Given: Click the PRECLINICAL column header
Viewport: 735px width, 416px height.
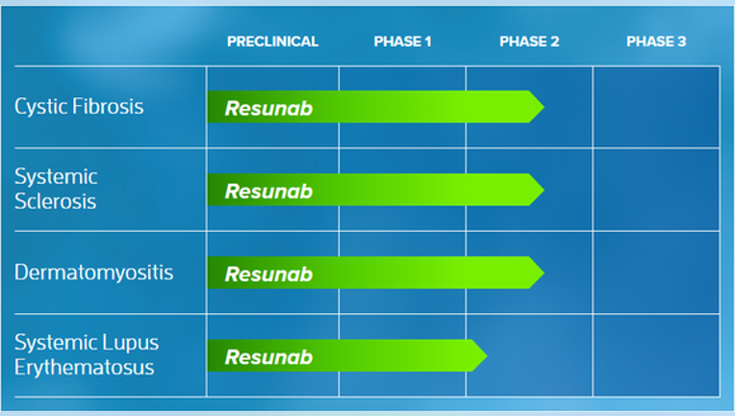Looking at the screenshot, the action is click(x=272, y=41).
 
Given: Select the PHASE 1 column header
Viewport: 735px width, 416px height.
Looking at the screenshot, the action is click(x=402, y=41).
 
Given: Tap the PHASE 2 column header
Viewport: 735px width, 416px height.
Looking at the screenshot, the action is click(x=529, y=41).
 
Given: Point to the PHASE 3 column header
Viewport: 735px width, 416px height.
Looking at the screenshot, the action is click(x=656, y=41).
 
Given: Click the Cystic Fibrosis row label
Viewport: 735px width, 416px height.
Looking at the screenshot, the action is click(x=79, y=107).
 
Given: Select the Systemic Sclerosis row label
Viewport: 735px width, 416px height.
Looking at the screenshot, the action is click(x=56, y=189).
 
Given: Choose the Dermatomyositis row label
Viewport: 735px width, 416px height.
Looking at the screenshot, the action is click(x=93, y=273).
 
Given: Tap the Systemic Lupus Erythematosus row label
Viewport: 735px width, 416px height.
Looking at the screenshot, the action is click(x=87, y=355).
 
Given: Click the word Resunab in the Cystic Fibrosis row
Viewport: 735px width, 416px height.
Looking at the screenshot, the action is click(x=268, y=109).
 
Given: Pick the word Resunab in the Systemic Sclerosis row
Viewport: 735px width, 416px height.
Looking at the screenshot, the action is click(x=268, y=192).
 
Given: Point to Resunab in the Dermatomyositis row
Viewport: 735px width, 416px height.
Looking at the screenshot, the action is click(x=268, y=274).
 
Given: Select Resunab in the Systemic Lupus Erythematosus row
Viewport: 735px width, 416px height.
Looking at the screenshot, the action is click(x=268, y=357).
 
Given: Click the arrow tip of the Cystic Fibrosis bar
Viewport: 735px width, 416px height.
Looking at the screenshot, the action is click(x=544, y=107).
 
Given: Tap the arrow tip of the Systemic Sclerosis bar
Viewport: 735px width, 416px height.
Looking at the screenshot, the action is click(x=544, y=190).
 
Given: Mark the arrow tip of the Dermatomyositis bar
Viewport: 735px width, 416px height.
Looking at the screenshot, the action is click(x=544, y=273).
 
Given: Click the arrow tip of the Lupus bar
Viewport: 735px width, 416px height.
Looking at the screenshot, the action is click(x=487, y=355).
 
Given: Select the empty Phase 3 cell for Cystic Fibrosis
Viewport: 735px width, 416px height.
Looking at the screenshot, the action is click(x=656, y=107).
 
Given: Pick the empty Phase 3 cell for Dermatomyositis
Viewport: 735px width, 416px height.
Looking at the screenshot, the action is click(x=656, y=273).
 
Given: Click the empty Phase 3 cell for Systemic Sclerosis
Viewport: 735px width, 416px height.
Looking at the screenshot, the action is click(x=656, y=190).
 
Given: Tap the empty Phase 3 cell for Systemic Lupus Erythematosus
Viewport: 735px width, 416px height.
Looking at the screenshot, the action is click(x=656, y=355).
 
